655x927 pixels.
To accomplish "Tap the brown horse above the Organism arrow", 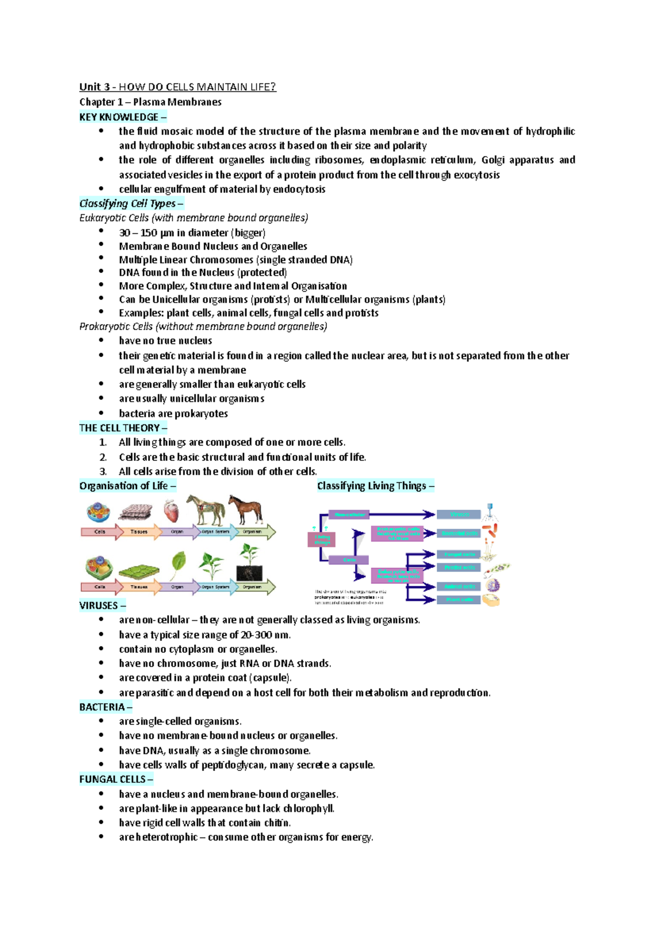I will click(245, 510).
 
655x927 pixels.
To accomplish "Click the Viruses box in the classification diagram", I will click(458, 514).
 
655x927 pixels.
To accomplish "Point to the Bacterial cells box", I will click(458, 533).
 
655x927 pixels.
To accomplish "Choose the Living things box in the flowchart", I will click(322, 539).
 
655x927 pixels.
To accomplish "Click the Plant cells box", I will click(458, 599).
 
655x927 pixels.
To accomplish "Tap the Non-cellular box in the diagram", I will click(349, 514).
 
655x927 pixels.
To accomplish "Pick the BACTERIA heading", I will click(102, 707).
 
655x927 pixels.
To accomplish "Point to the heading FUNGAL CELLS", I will click(112, 779).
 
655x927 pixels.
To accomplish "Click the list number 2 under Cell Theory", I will click(103, 457).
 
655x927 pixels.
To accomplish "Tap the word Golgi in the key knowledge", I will click(492, 160).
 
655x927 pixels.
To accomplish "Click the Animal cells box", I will click(458, 586).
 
